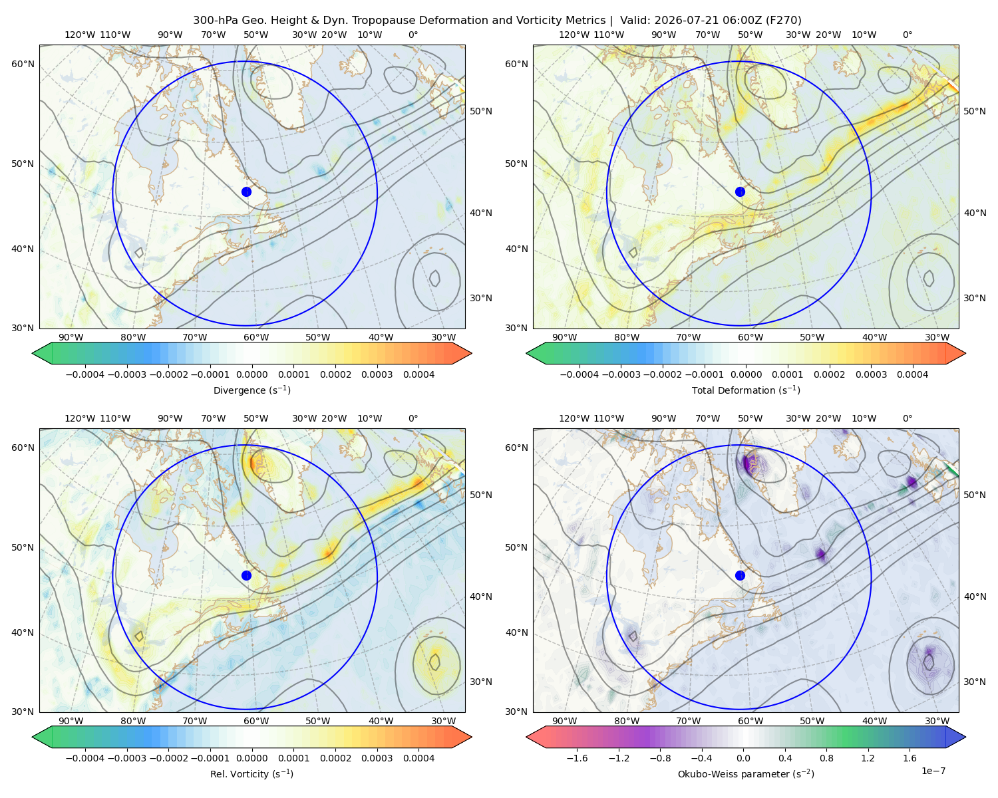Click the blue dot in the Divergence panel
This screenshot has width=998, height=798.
[246, 192]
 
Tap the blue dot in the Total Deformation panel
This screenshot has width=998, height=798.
[740, 192]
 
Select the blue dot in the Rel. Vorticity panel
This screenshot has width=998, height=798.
[246, 575]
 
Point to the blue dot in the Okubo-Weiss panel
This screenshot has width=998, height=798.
[740, 575]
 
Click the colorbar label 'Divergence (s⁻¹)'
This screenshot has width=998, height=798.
[251, 390]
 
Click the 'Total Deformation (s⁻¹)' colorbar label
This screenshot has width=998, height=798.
[746, 390]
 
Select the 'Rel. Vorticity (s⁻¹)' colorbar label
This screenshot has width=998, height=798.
[251, 773]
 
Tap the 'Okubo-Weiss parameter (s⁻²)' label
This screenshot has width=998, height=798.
[746, 773]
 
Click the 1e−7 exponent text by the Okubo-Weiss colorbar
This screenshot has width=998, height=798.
[933, 770]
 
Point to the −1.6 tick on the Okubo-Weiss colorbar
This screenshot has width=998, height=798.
[577, 757]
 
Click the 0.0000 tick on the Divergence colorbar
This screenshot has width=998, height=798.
[251, 374]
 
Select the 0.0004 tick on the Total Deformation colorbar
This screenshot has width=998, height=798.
[912, 374]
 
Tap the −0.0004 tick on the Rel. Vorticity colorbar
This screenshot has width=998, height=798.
[85, 757]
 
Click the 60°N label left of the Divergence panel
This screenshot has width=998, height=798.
[23, 64]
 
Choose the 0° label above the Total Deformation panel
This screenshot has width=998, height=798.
[907, 35]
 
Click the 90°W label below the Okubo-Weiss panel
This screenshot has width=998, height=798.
[564, 721]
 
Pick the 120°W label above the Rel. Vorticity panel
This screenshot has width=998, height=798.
[80, 418]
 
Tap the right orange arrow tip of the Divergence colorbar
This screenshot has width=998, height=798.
[472, 353]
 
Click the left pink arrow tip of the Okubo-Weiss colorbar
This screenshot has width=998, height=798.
[526, 737]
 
